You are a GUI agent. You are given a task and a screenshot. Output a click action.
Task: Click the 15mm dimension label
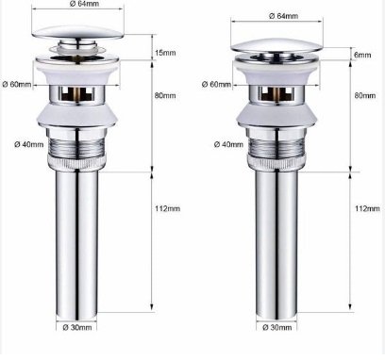[165, 53]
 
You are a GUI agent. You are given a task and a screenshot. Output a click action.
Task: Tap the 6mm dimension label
[362, 55]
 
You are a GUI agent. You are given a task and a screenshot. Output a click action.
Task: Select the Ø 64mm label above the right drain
[283, 16]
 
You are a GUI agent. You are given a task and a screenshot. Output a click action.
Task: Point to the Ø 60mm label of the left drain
[17, 84]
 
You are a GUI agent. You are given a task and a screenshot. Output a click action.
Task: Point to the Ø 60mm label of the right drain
[216, 84]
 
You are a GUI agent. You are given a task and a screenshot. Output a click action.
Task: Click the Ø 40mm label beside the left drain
[29, 144]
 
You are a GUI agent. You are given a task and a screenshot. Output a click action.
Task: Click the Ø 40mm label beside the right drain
[228, 144]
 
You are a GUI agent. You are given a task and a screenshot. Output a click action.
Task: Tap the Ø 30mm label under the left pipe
[77, 327]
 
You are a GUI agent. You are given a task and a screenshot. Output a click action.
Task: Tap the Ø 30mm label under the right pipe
[277, 327]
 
